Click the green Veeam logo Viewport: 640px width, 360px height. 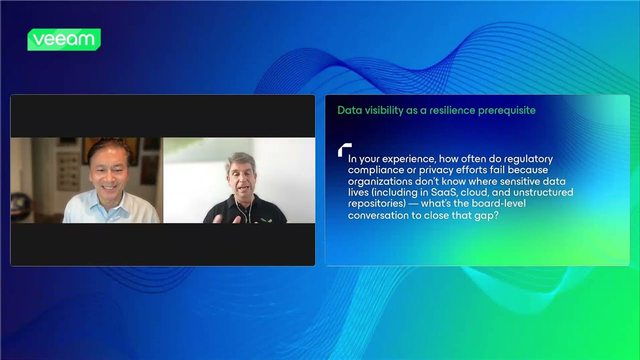pyautogui.click(x=64, y=39)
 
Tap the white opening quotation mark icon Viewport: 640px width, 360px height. pyautogui.click(x=344, y=149)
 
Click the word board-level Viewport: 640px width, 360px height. pyautogui.click(x=497, y=203)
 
